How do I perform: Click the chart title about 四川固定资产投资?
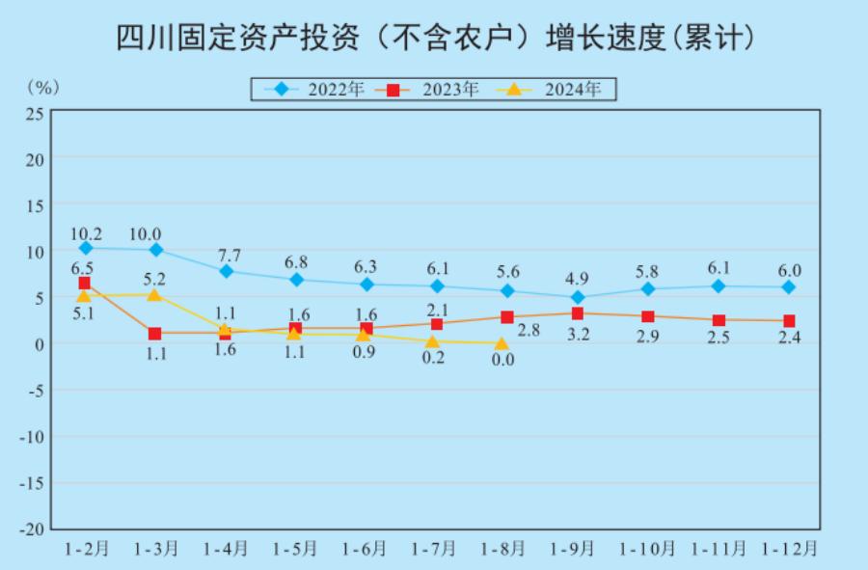pos(434,38)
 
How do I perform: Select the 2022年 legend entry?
pos(318,90)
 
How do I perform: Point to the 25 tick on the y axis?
pos(35,113)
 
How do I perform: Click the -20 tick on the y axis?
pos(32,529)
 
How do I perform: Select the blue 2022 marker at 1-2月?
pos(86,249)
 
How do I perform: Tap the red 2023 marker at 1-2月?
pos(85,284)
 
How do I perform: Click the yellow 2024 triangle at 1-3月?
pos(154,294)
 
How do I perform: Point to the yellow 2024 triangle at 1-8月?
pos(502,342)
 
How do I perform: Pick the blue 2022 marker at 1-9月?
pos(577,298)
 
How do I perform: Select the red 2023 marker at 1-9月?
pos(577,313)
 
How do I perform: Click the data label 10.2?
pos(86,232)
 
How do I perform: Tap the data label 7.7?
pos(227,255)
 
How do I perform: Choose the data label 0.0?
pos(502,360)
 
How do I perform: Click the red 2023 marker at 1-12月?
pos(789,321)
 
